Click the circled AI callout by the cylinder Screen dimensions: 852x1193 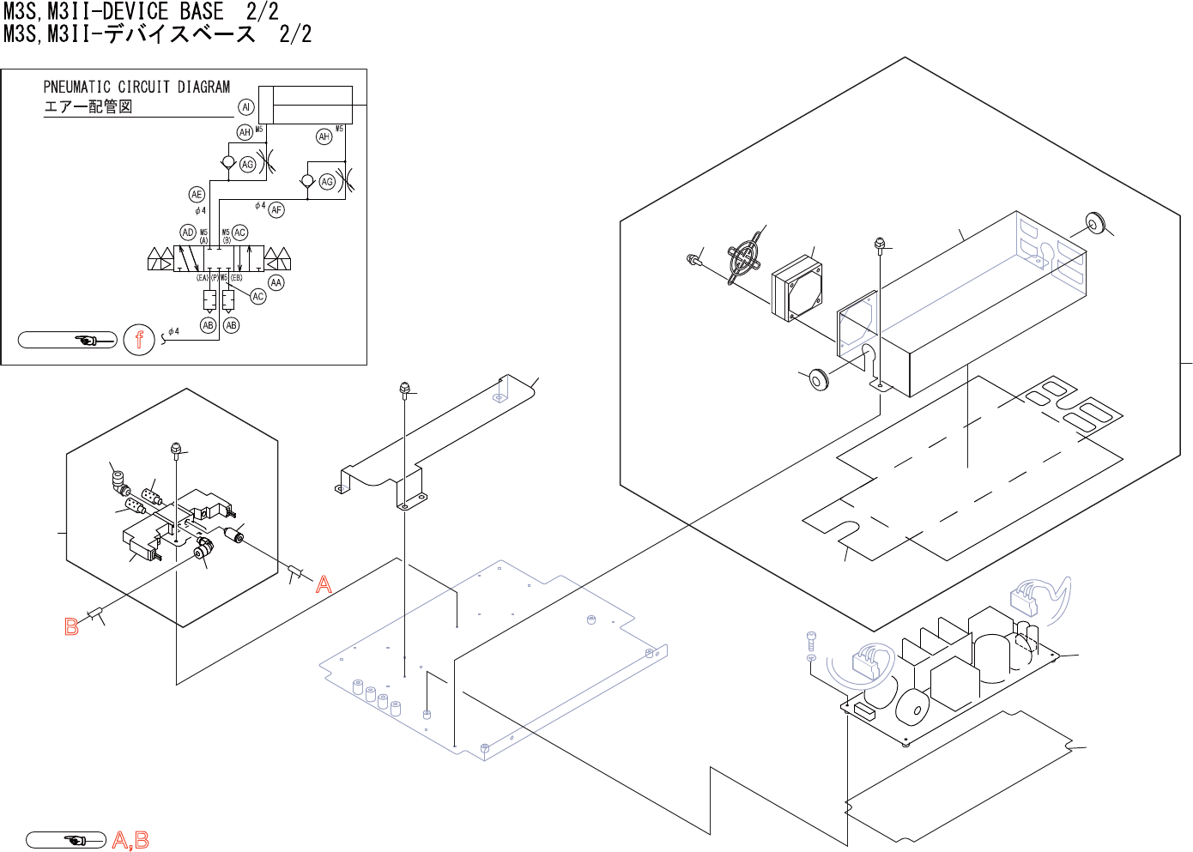pos(246,107)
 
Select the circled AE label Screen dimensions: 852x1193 pos(197,195)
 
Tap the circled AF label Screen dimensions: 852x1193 pos(276,209)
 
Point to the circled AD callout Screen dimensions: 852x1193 pos(188,233)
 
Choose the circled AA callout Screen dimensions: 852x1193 pos(276,282)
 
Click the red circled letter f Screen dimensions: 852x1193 pos(139,340)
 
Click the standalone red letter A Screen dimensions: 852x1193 pos(324,585)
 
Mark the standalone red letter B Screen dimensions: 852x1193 pos(72,627)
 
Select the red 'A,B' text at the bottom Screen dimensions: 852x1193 pos(130,840)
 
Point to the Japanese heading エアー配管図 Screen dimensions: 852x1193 pos(88,106)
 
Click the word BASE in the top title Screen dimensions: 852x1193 pos(202,12)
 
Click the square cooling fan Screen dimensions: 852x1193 pos(797,287)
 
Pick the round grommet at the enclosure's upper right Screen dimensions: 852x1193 pos(1094,223)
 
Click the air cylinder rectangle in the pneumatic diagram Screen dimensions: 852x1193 pos(306,105)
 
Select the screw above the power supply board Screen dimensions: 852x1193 pos(812,639)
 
